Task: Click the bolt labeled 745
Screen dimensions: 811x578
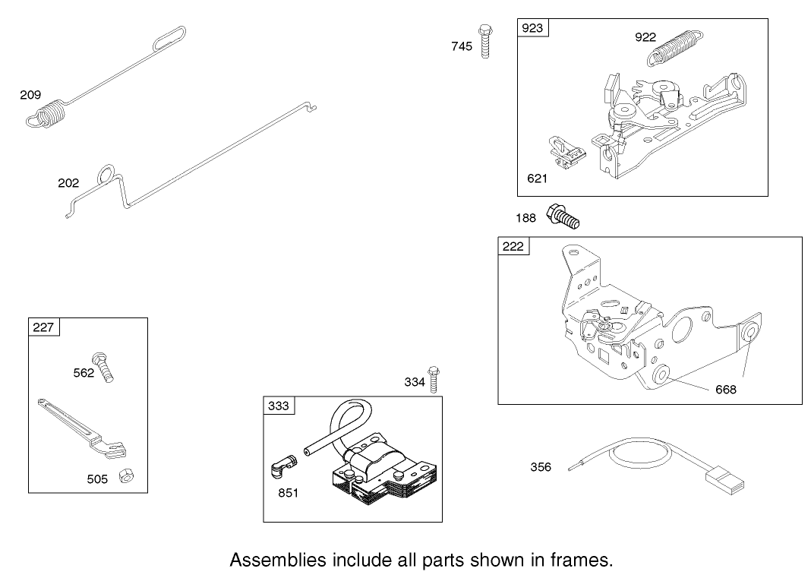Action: pos(485,41)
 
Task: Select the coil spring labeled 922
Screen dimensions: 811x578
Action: pos(675,48)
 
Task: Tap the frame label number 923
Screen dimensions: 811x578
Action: pos(532,28)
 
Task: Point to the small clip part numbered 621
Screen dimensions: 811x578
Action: pos(566,152)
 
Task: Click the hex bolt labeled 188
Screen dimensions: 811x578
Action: pos(563,216)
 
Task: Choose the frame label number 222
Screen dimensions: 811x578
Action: pos(513,246)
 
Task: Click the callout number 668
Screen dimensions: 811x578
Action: pos(726,390)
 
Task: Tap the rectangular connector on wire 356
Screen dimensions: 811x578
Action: pos(725,479)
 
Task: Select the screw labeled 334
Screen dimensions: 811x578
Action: pos(434,379)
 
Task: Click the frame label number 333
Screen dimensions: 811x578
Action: pos(278,406)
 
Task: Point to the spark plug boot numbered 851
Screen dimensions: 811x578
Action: pos(284,465)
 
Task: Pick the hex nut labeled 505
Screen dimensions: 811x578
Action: pos(125,475)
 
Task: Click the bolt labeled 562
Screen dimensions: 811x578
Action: pos(103,367)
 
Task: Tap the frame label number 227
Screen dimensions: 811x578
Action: pos(43,327)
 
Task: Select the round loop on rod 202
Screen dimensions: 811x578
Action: pos(106,174)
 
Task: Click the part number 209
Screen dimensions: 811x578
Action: pos(30,95)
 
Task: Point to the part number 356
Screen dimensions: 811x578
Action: pos(541,467)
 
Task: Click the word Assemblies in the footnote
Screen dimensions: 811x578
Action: pos(278,560)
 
